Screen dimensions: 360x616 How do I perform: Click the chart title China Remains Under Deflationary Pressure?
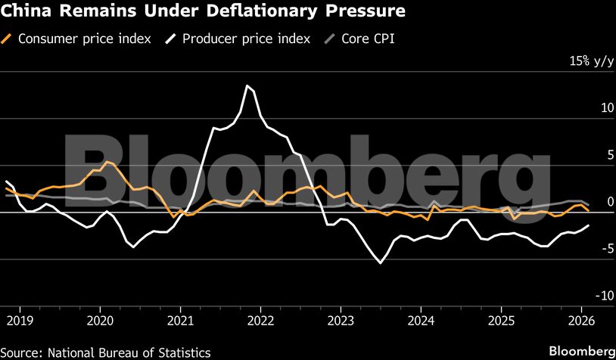point(204,12)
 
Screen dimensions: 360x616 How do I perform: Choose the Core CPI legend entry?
point(369,39)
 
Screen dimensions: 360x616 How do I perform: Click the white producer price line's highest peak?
point(246,85)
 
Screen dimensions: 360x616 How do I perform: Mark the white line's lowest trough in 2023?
point(380,262)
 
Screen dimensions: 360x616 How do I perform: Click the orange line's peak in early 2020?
point(106,161)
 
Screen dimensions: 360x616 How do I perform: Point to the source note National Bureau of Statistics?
point(106,352)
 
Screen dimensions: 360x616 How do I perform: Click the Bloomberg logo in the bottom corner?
point(581,352)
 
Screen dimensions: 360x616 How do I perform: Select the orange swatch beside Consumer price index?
point(8,39)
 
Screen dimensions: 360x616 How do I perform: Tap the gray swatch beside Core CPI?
point(328,39)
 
